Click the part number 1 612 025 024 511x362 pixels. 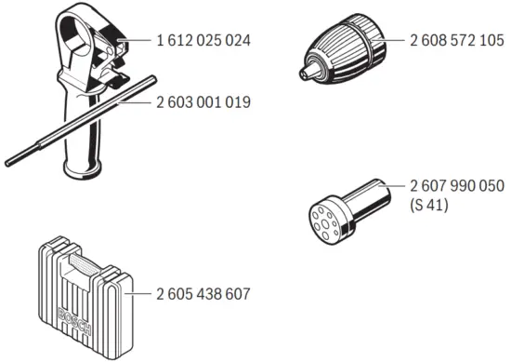[x=204, y=41]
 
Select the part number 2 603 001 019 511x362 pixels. [x=204, y=101]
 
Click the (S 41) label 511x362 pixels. [x=428, y=206]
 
